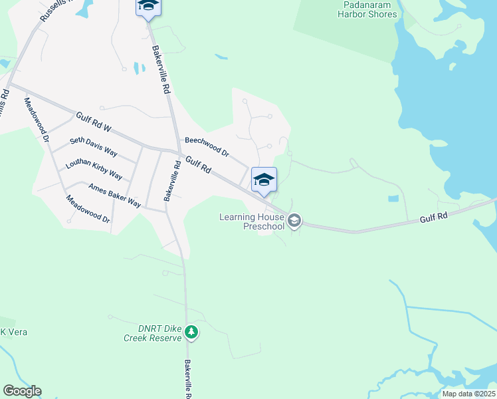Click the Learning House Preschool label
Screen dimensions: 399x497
[x=252, y=221]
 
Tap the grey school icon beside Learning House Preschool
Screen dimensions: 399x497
[x=295, y=220]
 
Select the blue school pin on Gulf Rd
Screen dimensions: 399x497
[x=264, y=180]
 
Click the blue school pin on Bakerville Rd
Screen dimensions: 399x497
[x=148, y=7]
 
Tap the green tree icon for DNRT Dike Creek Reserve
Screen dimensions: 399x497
[x=191, y=331]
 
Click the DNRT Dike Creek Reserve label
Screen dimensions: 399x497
[x=152, y=333]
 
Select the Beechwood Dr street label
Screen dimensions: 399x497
[x=207, y=147]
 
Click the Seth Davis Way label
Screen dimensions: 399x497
[x=94, y=147]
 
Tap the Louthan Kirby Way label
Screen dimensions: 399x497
[x=94, y=170]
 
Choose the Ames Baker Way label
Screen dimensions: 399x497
[x=114, y=195]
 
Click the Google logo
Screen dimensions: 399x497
[x=22, y=391]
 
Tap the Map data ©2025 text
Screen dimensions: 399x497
[x=468, y=394]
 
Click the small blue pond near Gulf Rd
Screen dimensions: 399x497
[x=393, y=198]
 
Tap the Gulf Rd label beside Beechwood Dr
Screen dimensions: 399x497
[x=198, y=165]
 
